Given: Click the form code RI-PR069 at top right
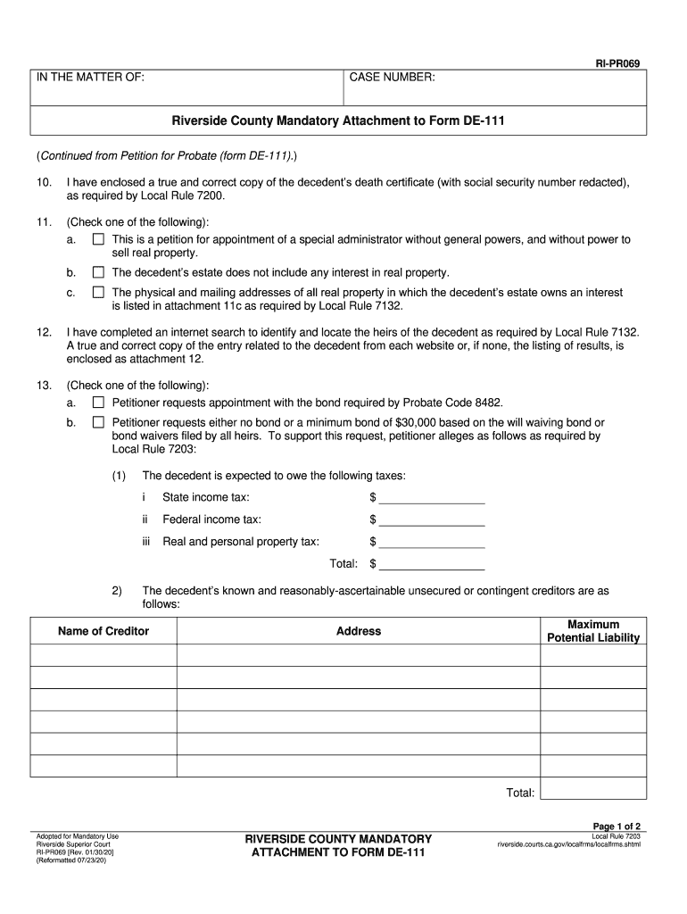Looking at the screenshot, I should click(618, 64).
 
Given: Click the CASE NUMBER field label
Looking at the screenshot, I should click(392, 79).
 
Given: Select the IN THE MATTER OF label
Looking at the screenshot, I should click(90, 79).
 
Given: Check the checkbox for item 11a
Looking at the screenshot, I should click(98, 240).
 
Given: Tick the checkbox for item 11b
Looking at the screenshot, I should click(98, 272).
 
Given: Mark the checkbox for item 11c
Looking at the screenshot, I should click(98, 292).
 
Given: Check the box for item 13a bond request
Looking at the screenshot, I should click(98, 403).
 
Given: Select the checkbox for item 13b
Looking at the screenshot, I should click(98, 422).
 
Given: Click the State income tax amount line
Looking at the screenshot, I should click(433, 497).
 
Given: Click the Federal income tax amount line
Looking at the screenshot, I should click(433, 519).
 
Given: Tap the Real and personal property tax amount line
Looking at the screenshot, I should click(433, 542).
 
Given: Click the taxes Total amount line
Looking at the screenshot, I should click(433, 564).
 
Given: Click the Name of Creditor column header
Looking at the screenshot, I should click(103, 631).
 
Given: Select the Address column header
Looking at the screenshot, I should click(359, 631).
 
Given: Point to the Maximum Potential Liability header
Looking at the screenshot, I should click(593, 631).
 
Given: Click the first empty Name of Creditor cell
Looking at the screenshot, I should click(103, 655).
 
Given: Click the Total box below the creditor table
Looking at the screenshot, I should click(593, 789).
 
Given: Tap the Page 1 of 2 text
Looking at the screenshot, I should click(617, 826).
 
